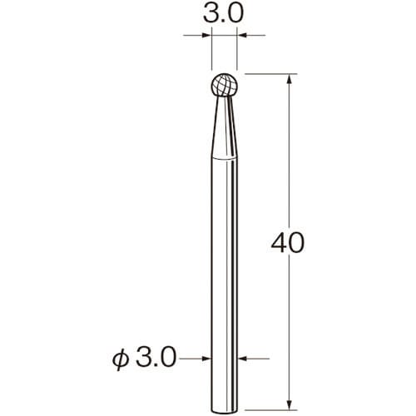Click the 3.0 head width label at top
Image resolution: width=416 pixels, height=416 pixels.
tap(224, 14)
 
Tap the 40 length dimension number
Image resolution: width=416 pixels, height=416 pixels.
tap(288, 242)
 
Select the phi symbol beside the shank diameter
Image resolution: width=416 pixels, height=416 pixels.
tap(121, 359)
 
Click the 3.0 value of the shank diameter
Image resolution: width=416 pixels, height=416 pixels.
tap(156, 358)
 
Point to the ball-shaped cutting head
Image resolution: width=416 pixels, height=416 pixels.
tap(224, 85)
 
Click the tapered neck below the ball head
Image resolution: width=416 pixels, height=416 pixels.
tap(224, 127)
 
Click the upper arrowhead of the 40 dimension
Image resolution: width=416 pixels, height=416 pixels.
tap(290, 79)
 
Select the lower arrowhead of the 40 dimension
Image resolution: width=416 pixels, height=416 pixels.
tap(290, 404)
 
